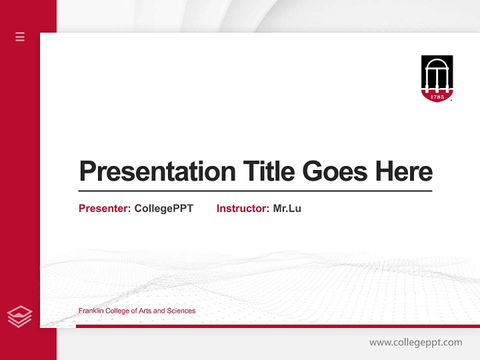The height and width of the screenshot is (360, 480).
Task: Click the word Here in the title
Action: pos(403,171)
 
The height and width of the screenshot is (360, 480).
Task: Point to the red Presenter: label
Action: pos(104,208)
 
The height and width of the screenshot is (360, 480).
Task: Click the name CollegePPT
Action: pos(163,208)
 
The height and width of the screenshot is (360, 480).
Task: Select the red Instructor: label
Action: pos(242,208)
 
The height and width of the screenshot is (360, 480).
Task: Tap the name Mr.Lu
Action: pos(287,208)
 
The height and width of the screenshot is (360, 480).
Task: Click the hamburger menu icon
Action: pos(20,36)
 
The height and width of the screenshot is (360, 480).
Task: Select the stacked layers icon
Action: pos(19,316)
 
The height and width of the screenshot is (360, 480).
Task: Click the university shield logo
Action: pos(437,78)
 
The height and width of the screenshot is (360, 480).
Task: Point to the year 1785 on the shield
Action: pos(437,96)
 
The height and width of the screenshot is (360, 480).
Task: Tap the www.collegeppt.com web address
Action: pos(415,342)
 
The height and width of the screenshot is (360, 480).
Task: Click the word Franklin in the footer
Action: pos(90,311)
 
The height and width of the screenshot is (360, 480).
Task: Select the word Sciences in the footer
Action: pos(181,311)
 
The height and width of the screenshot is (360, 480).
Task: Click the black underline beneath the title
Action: pos(255,191)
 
